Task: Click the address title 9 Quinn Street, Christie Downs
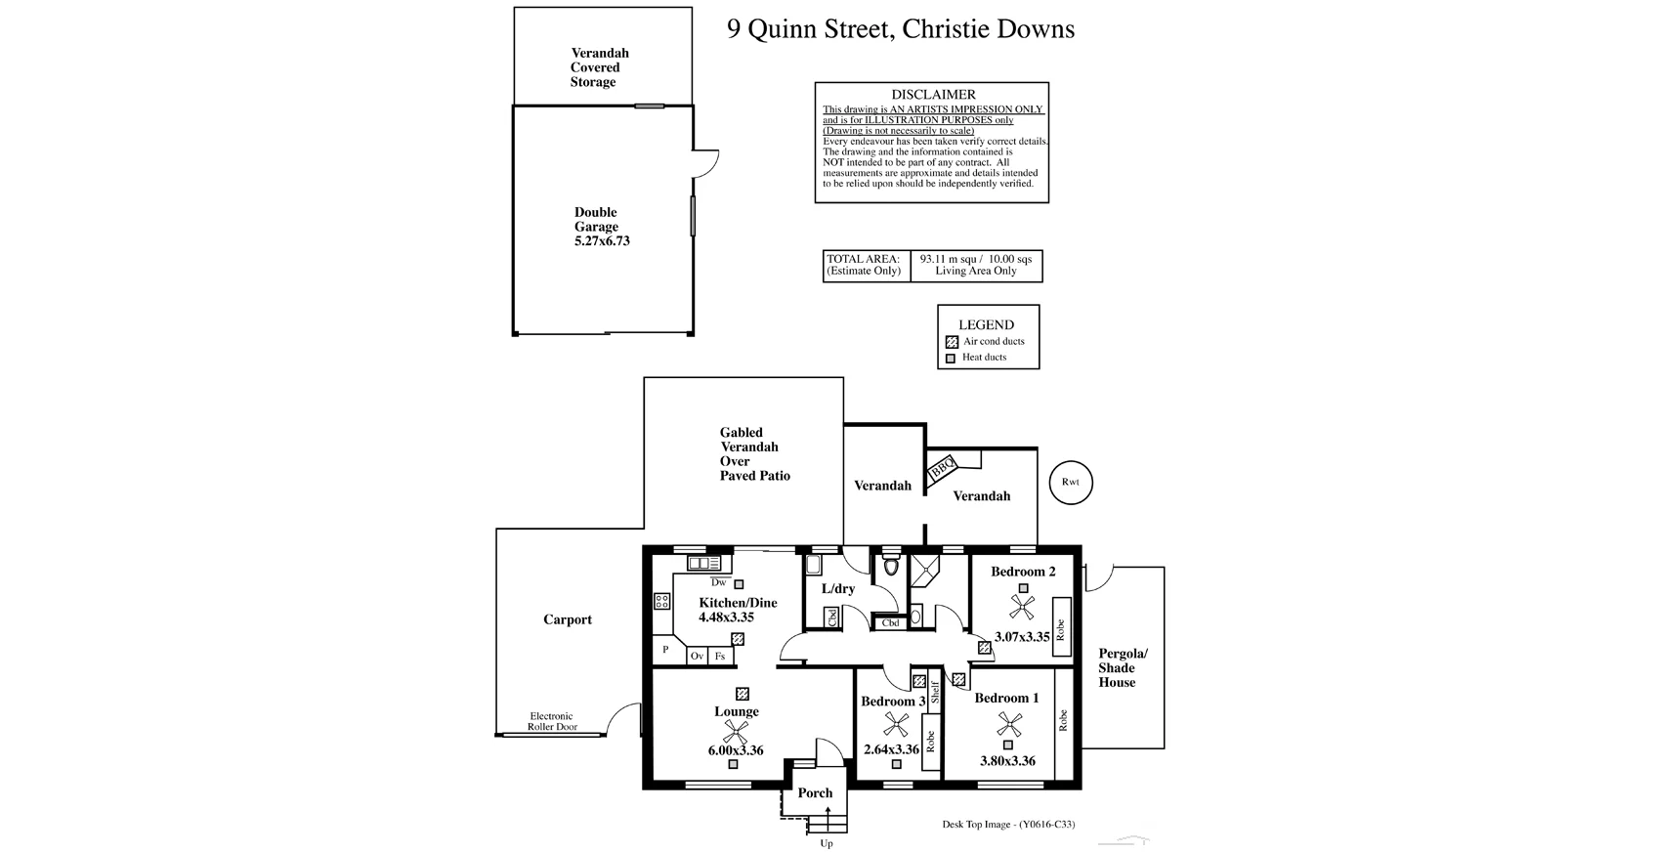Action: pos(900,29)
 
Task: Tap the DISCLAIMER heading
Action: pos(932,95)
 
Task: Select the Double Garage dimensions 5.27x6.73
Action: pos(602,240)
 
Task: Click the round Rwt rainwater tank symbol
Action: pos(1070,482)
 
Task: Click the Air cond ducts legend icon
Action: pos(952,342)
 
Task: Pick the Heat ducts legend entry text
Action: pos(984,358)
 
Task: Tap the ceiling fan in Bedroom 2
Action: pos(1023,607)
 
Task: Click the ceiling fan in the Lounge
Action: pos(736,732)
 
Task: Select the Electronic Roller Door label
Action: pos(552,721)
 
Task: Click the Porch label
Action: pos(815,793)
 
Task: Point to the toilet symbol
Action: pos(890,567)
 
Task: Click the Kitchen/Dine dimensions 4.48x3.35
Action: pos(726,618)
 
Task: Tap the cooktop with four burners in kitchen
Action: pos(661,601)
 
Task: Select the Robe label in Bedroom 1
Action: pos(1063,720)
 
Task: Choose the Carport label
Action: pos(568,619)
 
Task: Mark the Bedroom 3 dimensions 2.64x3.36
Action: pos(891,749)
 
